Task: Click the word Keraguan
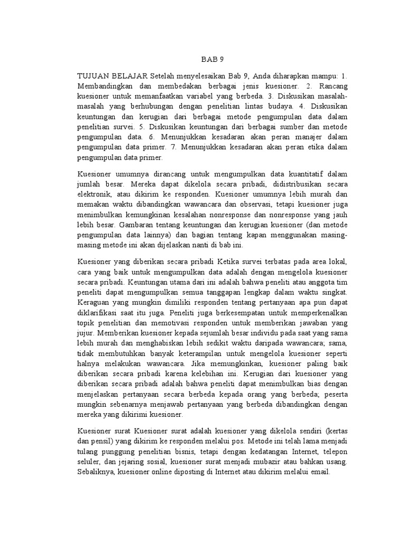point(95,302)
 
